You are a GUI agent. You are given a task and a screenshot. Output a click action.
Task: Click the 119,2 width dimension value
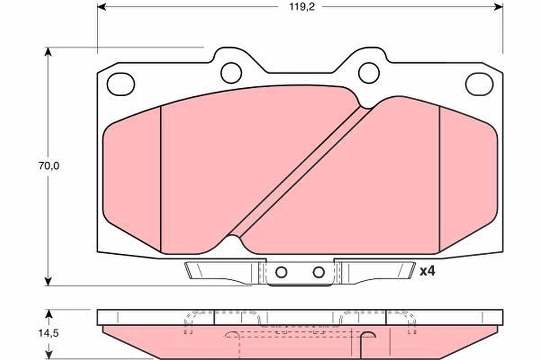point(302,7)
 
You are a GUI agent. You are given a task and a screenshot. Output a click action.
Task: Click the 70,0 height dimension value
point(49,166)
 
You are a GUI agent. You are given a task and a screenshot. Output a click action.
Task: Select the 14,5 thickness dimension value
point(49,333)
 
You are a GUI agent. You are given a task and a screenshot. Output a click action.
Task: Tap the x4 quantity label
point(427,271)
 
